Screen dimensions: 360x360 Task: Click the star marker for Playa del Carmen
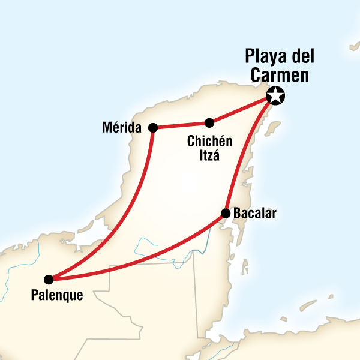(x=275, y=95)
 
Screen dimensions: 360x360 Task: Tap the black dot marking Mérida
(x=153, y=127)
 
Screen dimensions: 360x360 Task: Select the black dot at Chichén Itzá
(x=209, y=123)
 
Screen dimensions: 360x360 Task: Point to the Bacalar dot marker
(x=226, y=213)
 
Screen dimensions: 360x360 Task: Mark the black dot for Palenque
(x=49, y=279)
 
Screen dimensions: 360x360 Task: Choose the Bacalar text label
(x=254, y=214)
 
